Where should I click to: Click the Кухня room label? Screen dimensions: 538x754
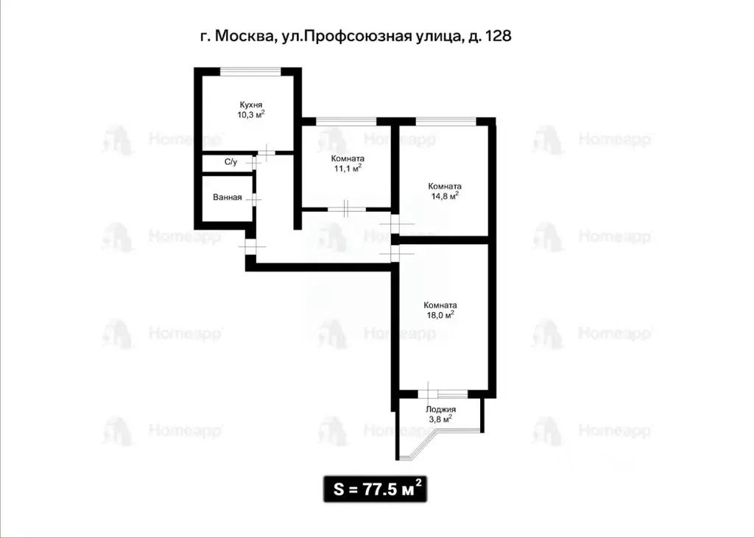pos(252,105)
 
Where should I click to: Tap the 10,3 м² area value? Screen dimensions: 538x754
pos(252,115)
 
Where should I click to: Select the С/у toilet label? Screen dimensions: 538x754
pos(230,162)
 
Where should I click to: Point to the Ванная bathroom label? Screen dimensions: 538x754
pos(227,197)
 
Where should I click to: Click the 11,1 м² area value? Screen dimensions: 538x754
pos(348,169)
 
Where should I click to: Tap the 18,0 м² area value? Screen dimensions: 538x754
pos(440,315)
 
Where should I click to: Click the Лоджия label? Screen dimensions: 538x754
pos(440,409)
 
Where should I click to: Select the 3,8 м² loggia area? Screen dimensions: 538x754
pos(440,419)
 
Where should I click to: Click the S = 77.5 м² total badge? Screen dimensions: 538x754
pos(376,489)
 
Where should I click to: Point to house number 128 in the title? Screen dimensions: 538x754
pos(497,35)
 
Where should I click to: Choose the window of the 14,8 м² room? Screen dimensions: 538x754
pos(445,120)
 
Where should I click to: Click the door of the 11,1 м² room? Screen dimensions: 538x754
pos(347,209)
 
